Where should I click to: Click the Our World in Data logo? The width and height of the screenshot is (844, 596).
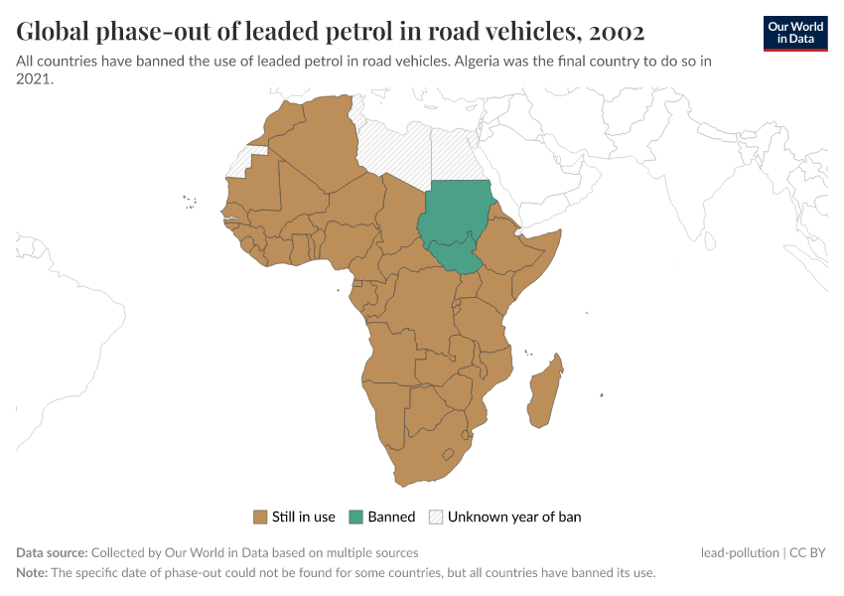coord(794,33)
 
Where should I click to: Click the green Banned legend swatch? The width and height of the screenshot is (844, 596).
coord(356,517)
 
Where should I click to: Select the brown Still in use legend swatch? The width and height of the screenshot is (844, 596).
coord(261,517)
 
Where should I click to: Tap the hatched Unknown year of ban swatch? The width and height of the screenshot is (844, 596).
coord(436,517)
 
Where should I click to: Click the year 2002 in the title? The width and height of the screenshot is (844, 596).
coord(617,32)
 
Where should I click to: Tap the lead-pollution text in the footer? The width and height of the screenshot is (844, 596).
coord(739,552)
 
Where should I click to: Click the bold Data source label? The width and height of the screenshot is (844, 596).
coord(52,552)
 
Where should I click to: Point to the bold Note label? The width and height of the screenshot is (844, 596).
coord(32,573)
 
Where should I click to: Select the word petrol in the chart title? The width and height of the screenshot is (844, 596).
coord(369,32)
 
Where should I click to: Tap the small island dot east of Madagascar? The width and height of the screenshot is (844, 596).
coord(603,396)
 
